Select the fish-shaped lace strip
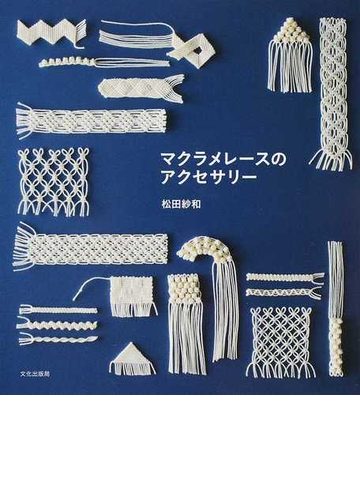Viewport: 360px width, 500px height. coord(140,86)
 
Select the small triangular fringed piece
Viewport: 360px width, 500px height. coord(132,358)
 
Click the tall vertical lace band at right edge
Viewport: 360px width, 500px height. coord(332,90)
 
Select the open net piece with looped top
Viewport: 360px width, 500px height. coord(53,180)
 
